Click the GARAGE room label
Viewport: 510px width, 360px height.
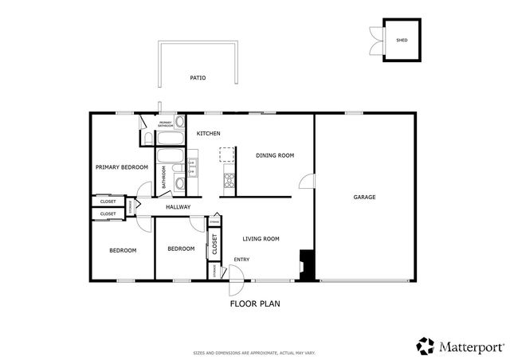(364, 197)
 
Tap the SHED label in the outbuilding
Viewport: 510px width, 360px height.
(402, 39)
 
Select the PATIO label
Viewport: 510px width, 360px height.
(198, 78)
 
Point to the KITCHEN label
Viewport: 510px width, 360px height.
(209, 133)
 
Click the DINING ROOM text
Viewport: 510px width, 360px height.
(275, 155)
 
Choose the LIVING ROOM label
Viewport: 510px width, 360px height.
(261, 238)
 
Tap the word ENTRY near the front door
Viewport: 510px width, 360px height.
(241, 259)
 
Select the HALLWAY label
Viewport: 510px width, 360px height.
(178, 207)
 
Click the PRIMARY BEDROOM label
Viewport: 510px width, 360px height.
(122, 167)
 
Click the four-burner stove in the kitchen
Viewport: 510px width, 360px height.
(229, 180)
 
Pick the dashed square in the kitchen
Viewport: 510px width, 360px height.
(229, 154)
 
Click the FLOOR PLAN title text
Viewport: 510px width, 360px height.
(255, 303)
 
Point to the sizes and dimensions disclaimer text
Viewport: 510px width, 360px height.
(254, 352)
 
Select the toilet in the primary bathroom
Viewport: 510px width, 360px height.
(149, 139)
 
